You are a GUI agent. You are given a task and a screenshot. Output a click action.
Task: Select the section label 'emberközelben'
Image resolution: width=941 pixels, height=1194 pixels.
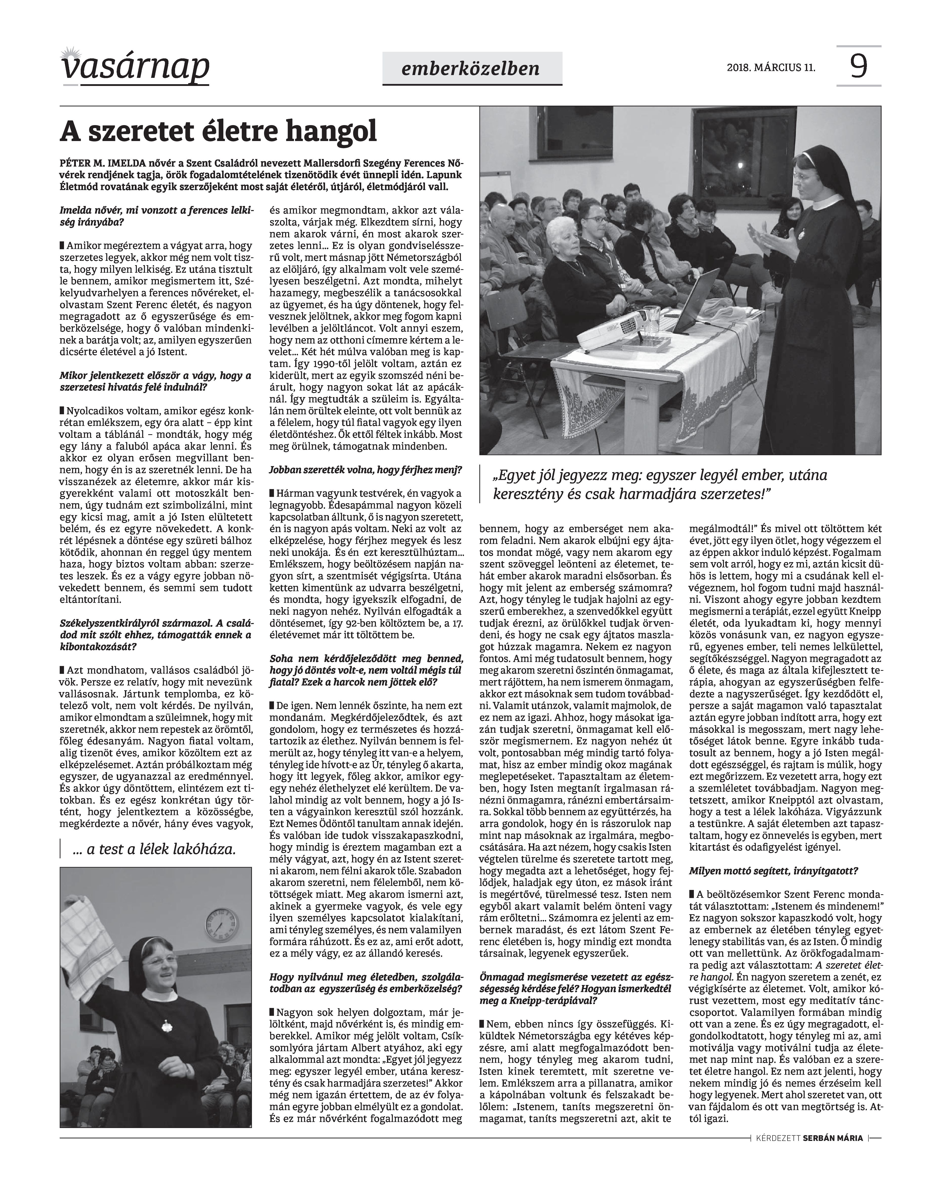471,68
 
